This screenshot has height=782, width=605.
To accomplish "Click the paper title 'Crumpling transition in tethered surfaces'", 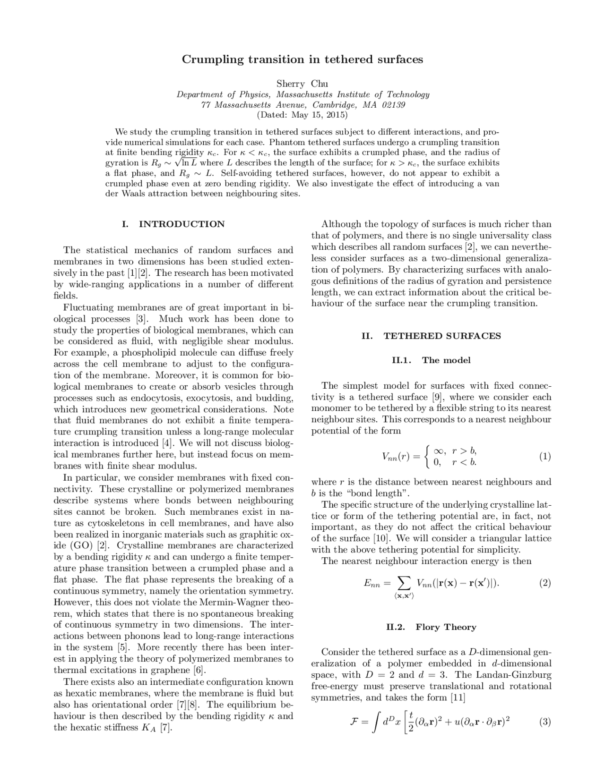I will [302, 59].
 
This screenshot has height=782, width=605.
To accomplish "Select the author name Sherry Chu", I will [302, 84].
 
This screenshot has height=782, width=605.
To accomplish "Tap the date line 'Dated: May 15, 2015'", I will [302, 115].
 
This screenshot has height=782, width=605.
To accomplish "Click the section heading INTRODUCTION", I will [181, 224].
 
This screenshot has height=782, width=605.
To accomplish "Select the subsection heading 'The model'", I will [446, 360].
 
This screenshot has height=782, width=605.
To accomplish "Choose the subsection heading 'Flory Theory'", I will [446, 627].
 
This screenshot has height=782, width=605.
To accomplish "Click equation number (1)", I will [544, 457].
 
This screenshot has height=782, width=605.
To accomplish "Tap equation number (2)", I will [544, 583].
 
